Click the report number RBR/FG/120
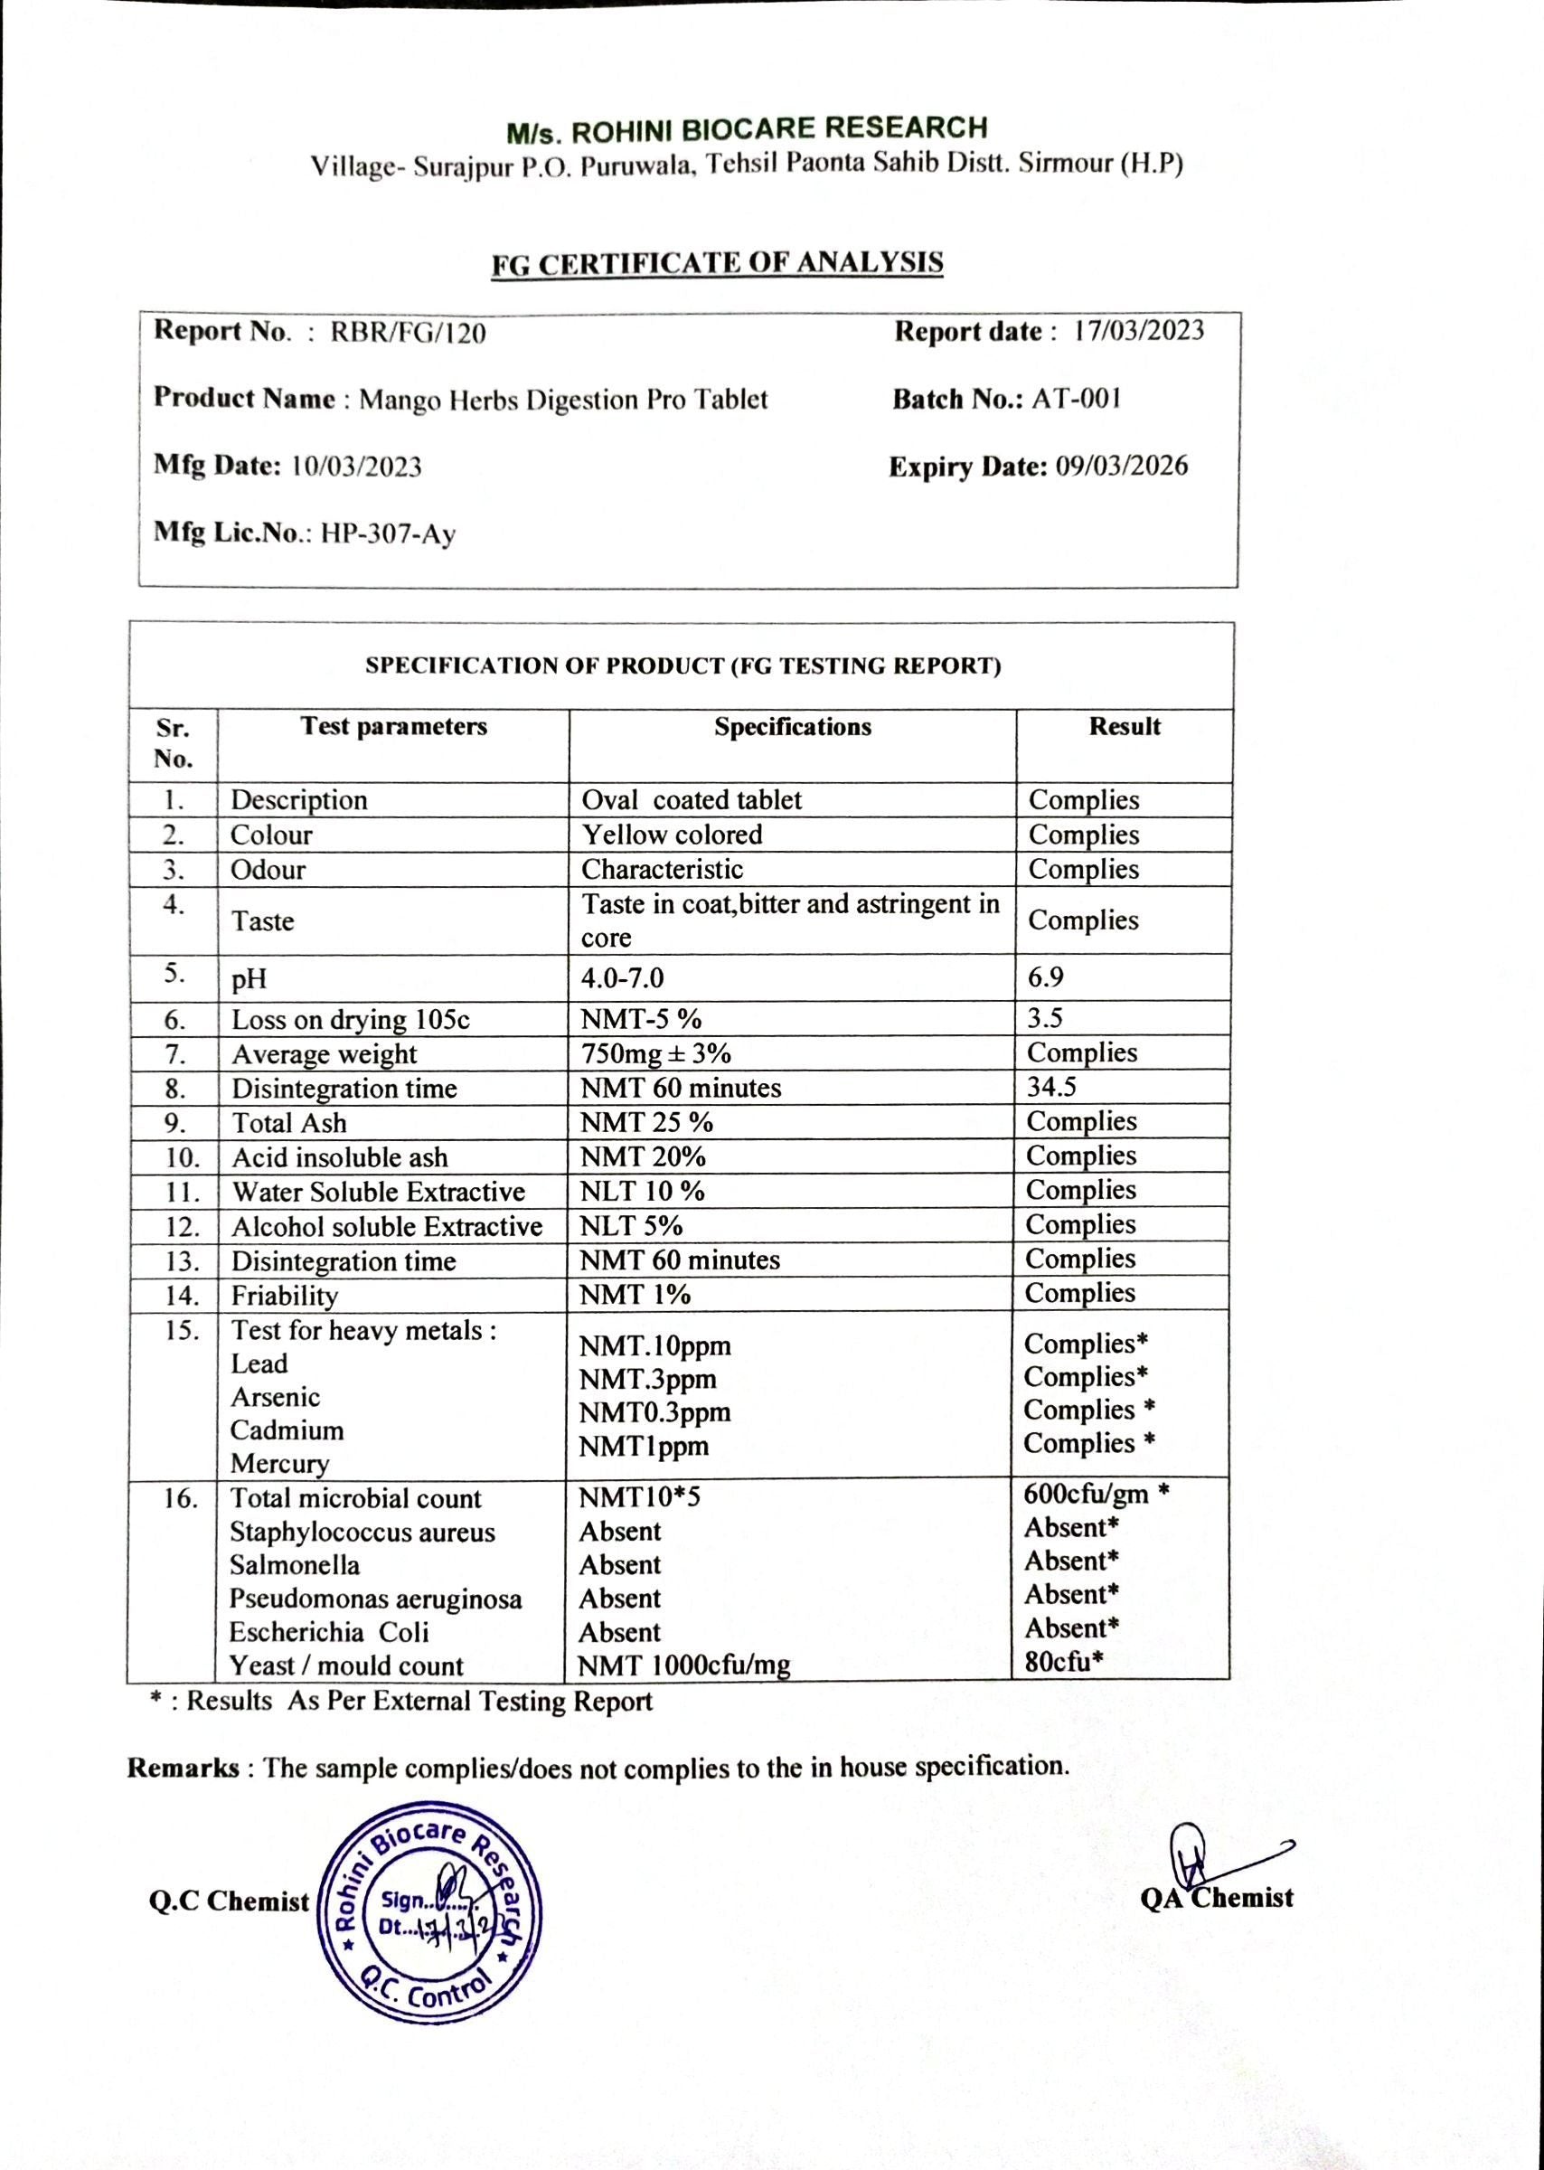(x=408, y=333)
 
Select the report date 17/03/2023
(x=1139, y=331)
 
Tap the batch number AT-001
(x=1077, y=399)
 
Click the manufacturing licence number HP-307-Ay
(x=388, y=533)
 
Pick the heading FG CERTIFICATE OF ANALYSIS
(x=717, y=263)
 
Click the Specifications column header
(x=792, y=728)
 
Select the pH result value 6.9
(x=1045, y=977)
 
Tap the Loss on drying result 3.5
(x=1044, y=1018)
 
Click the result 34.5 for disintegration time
(x=1050, y=1087)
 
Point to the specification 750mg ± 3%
(x=656, y=1053)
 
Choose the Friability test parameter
(x=284, y=1296)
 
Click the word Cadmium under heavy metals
(x=287, y=1430)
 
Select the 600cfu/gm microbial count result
(x=1086, y=1494)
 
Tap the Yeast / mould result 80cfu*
(x=1063, y=1661)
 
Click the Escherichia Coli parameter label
(x=329, y=1632)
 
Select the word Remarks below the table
(x=184, y=1768)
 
